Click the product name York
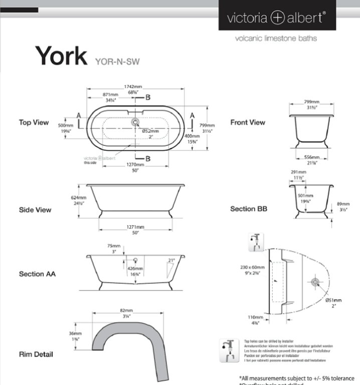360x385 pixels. point(61,55)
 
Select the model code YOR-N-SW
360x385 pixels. point(117,62)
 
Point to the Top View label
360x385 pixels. point(34,122)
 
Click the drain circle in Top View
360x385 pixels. point(134,121)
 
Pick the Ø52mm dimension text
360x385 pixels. point(150,131)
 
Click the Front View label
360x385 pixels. point(248,122)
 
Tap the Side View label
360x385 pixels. point(35,210)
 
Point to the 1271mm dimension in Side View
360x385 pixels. point(135,227)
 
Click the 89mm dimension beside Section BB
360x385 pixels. point(343,205)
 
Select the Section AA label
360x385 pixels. point(37,274)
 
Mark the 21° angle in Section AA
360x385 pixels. point(171,260)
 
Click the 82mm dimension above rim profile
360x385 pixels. point(126,311)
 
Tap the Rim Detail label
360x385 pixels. point(36,354)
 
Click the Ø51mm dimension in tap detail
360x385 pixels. point(333,300)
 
